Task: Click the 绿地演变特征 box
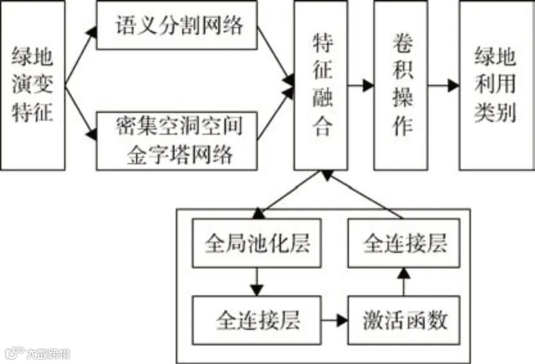(33, 85)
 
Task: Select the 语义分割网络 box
(176, 25)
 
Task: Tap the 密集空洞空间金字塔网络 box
(176, 141)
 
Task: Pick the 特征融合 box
(321, 85)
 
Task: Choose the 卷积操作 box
(400, 85)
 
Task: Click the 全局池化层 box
(257, 245)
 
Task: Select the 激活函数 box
(404, 320)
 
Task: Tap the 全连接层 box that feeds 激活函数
(257, 319)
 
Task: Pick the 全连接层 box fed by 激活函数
(404, 245)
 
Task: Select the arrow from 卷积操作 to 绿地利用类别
(443, 85)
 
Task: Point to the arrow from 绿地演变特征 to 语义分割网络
(80, 57)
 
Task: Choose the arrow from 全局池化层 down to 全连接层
(257, 281)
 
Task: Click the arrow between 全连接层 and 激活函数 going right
(334, 319)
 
